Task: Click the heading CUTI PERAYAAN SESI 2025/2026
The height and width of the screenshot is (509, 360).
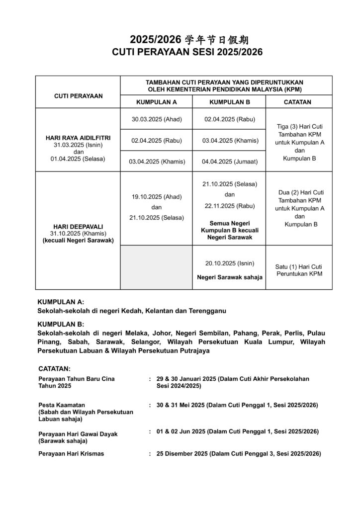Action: pyautogui.click(x=180, y=52)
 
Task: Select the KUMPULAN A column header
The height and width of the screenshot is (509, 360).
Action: pyautogui.click(x=156, y=102)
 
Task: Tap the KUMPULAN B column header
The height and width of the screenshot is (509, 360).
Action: pyautogui.click(x=229, y=102)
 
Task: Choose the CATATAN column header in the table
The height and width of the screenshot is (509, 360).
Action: pyautogui.click(x=297, y=102)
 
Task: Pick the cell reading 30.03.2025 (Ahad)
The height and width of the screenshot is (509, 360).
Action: pyautogui.click(x=156, y=119)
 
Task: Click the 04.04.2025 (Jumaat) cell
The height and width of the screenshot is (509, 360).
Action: pyautogui.click(x=229, y=162)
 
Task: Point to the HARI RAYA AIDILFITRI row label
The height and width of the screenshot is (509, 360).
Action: pyautogui.click(x=78, y=137)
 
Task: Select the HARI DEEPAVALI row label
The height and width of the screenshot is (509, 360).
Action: pyautogui.click(x=78, y=226)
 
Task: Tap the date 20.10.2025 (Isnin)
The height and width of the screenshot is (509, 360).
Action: pyautogui.click(x=229, y=263)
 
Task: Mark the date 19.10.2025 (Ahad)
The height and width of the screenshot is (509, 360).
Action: pyautogui.click(x=156, y=197)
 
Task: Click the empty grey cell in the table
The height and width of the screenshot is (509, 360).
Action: pyautogui.click(x=156, y=267)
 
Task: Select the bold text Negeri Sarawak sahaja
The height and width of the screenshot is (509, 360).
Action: pyautogui.click(x=229, y=276)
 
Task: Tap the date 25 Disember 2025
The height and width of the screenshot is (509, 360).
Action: pyautogui.click(x=181, y=453)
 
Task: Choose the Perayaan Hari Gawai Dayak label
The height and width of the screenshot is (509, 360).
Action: pyautogui.click(x=78, y=434)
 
